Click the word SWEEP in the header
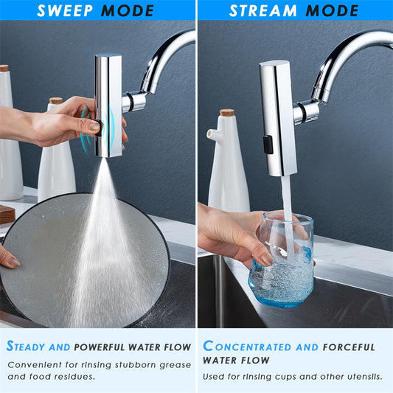pos(66,10)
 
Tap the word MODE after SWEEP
pos(128,10)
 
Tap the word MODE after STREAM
pos(331,10)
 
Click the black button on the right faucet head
pos(268,144)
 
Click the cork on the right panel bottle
pos(226,113)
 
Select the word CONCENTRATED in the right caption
pos(250,347)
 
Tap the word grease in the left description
pos(175,364)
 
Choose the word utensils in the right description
pos(361,377)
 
